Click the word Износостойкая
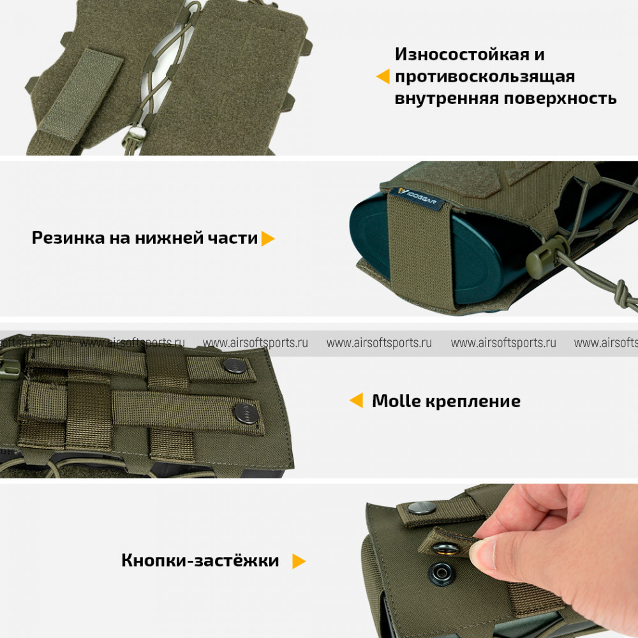click(462, 54)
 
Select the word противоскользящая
click(485, 77)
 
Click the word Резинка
click(68, 238)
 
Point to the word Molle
click(396, 401)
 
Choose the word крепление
click(473, 402)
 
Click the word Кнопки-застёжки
click(200, 560)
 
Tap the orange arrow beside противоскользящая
click(383, 77)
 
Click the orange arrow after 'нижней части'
click(268, 239)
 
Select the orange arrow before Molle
click(356, 400)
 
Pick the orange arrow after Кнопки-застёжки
click(299, 561)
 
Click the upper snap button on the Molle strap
click(235, 366)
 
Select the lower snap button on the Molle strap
click(246, 414)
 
